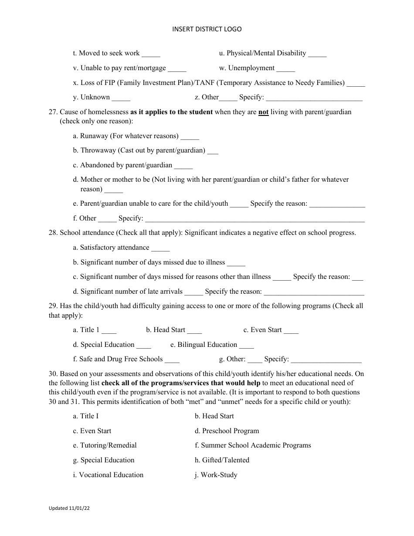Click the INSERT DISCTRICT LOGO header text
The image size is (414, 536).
click(x=207, y=29)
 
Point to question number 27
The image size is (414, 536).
click(x=53, y=112)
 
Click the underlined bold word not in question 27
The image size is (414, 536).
click(x=263, y=112)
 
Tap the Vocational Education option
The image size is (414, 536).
click(x=108, y=475)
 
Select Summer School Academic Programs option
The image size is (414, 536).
click(x=253, y=445)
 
